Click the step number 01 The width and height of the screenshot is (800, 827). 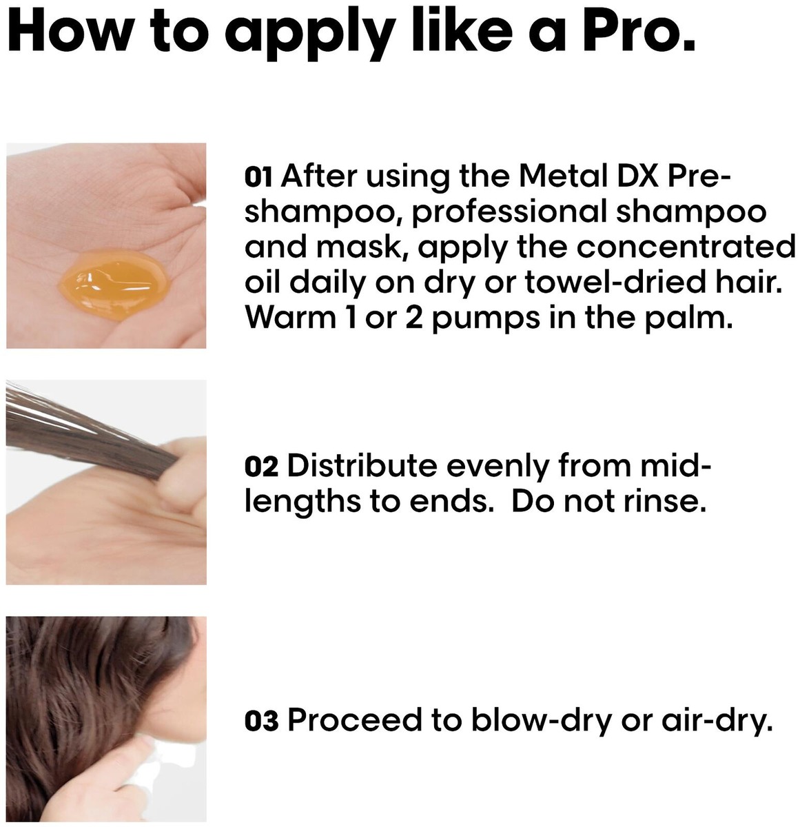(x=258, y=177)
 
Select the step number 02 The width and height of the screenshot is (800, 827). (x=261, y=467)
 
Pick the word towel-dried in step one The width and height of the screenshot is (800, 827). (x=616, y=282)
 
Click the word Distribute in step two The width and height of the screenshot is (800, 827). (x=362, y=467)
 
